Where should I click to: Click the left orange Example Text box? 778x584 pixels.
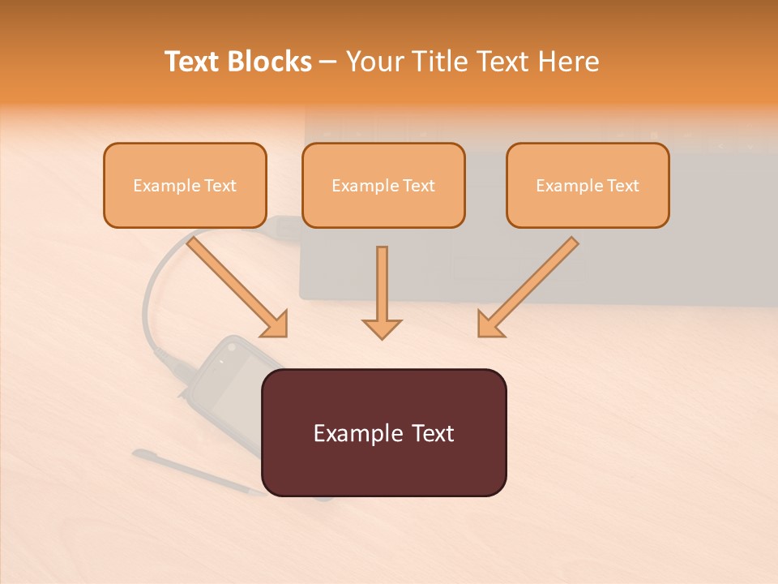[x=185, y=185]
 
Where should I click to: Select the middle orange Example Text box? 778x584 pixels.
[x=383, y=185]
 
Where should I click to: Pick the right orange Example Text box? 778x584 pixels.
[x=588, y=185]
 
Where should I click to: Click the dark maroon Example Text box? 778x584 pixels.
[x=383, y=432]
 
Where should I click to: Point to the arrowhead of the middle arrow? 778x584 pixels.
[x=382, y=328]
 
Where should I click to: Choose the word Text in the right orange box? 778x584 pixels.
[x=622, y=186]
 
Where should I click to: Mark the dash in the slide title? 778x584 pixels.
[x=328, y=62]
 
